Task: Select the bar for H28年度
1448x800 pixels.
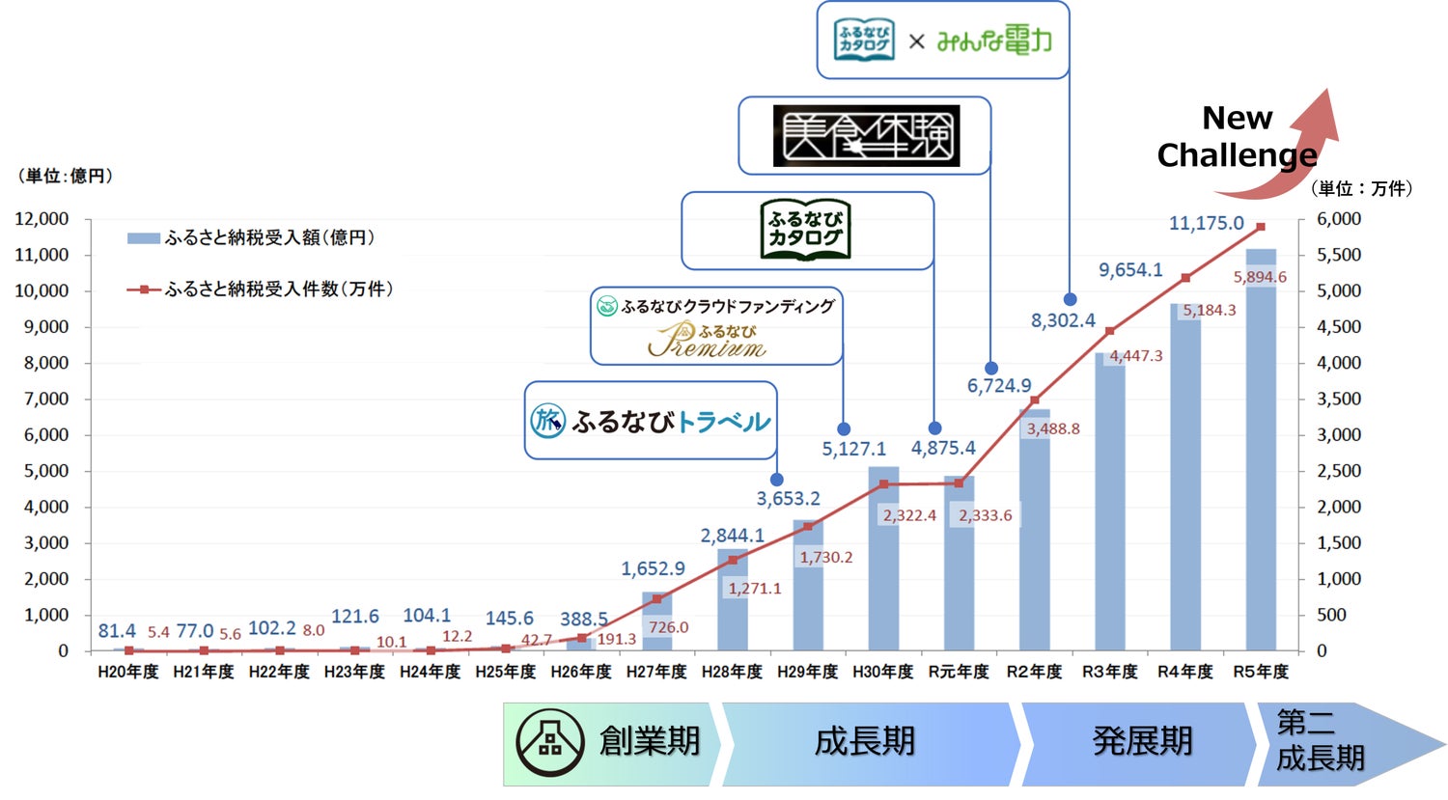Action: (733, 599)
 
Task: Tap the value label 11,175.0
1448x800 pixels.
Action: (1206, 223)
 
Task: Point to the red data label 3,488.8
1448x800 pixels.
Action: (1052, 428)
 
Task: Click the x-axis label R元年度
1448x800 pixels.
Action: (959, 672)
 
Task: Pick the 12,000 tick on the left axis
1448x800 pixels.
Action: (42, 219)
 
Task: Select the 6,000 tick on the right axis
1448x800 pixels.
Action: (1339, 219)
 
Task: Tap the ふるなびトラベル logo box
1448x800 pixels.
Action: (651, 421)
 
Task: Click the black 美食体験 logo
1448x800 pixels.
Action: (866, 135)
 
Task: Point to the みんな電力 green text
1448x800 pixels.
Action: (993, 41)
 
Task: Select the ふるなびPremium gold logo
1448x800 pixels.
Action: (708, 340)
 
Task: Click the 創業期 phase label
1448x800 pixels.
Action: (649, 741)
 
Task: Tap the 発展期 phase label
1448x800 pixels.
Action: (1142, 741)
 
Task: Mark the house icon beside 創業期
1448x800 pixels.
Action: (549, 741)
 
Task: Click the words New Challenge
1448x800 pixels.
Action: (1237, 136)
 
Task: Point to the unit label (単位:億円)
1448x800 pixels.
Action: (66, 176)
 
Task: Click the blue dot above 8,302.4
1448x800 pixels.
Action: (1070, 299)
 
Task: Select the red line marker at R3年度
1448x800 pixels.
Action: (1110, 331)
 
